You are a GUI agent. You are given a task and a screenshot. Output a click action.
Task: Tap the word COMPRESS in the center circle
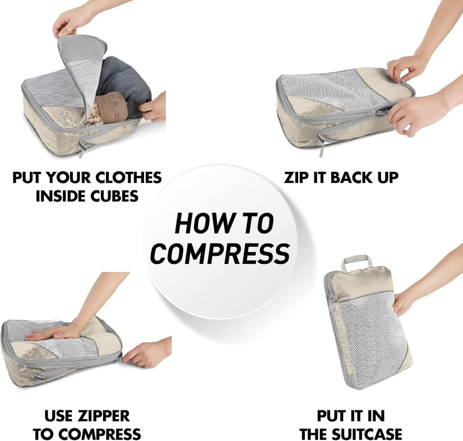(220, 253)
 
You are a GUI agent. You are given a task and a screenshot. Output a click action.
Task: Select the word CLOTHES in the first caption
(128, 178)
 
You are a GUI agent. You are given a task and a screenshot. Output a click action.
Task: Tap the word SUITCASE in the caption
(367, 434)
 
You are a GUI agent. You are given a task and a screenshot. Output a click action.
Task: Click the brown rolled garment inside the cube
(111, 107)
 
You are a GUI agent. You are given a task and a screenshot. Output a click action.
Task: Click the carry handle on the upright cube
(357, 263)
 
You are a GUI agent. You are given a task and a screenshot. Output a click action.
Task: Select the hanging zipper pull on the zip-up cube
(321, 144)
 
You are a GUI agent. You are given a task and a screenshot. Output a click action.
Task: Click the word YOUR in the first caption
(69, 178)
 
